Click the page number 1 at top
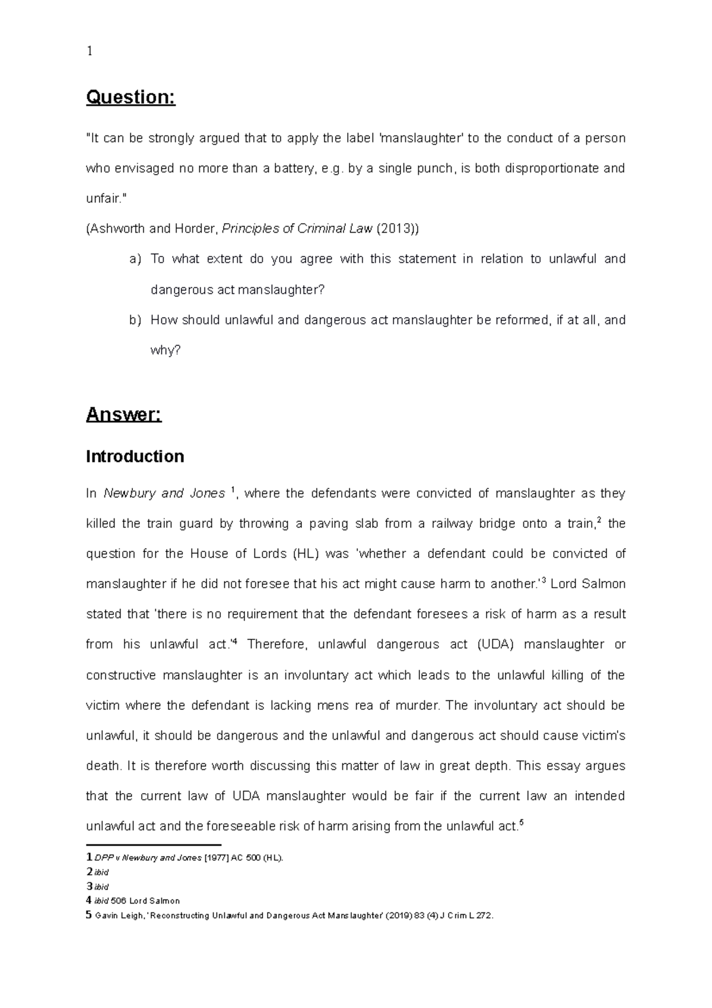point(89,51)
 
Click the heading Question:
point(131,97)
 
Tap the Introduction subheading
point(135,456)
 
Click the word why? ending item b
point(165,350)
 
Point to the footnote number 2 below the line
point(89,872)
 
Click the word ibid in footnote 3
point(101,887)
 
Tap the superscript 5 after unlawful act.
point(521,822)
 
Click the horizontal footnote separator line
point(153,844)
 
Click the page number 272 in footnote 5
point(483,915)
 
